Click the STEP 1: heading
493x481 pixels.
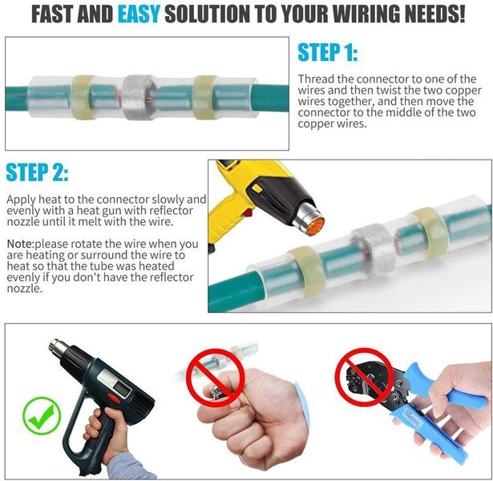tap(327, 54)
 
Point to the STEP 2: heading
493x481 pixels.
tap(37, 172)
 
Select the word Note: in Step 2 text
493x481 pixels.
tap(21, 243)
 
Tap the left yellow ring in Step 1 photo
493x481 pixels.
tap(83, 95)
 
